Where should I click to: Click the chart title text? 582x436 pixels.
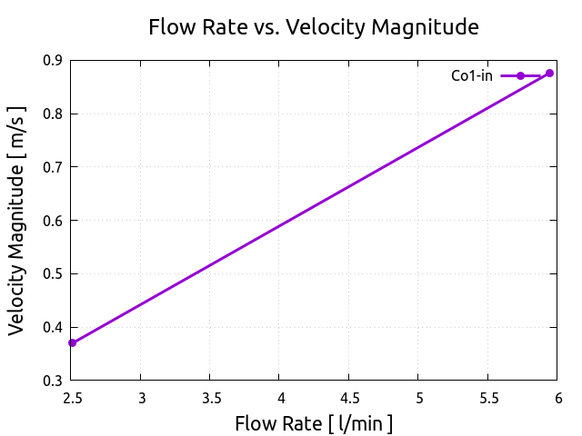click(314, 27)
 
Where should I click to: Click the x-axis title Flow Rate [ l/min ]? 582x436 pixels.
click(314, 423)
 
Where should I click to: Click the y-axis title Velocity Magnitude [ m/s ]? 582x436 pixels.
click(17, 220)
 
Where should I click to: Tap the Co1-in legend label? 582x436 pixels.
click(472, 76)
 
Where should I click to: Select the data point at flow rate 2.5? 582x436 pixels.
click(72, 342)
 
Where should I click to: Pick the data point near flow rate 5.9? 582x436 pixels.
click(550, 73)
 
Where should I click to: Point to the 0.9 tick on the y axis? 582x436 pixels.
click(53, 61)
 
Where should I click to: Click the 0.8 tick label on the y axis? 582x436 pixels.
click(53, 114)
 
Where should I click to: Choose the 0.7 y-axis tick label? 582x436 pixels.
click(53, 167)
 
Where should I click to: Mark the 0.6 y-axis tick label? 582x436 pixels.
click(53, 221)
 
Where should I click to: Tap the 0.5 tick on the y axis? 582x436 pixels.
click(53, 274)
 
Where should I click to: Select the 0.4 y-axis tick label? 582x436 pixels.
click(53, 327)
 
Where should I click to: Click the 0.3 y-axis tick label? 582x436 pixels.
click(53, 381)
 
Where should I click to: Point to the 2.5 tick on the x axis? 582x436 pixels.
click(71, 398)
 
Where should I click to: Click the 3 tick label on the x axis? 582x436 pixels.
click(141, 398)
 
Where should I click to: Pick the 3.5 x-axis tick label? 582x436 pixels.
click(210, 398)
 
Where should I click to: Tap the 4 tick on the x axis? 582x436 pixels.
click(280, 398)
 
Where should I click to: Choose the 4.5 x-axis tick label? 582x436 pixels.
click(349, 398)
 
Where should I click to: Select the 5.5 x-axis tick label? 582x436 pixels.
click(488, 398)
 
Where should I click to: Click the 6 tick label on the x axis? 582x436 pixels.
click(557, 398)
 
